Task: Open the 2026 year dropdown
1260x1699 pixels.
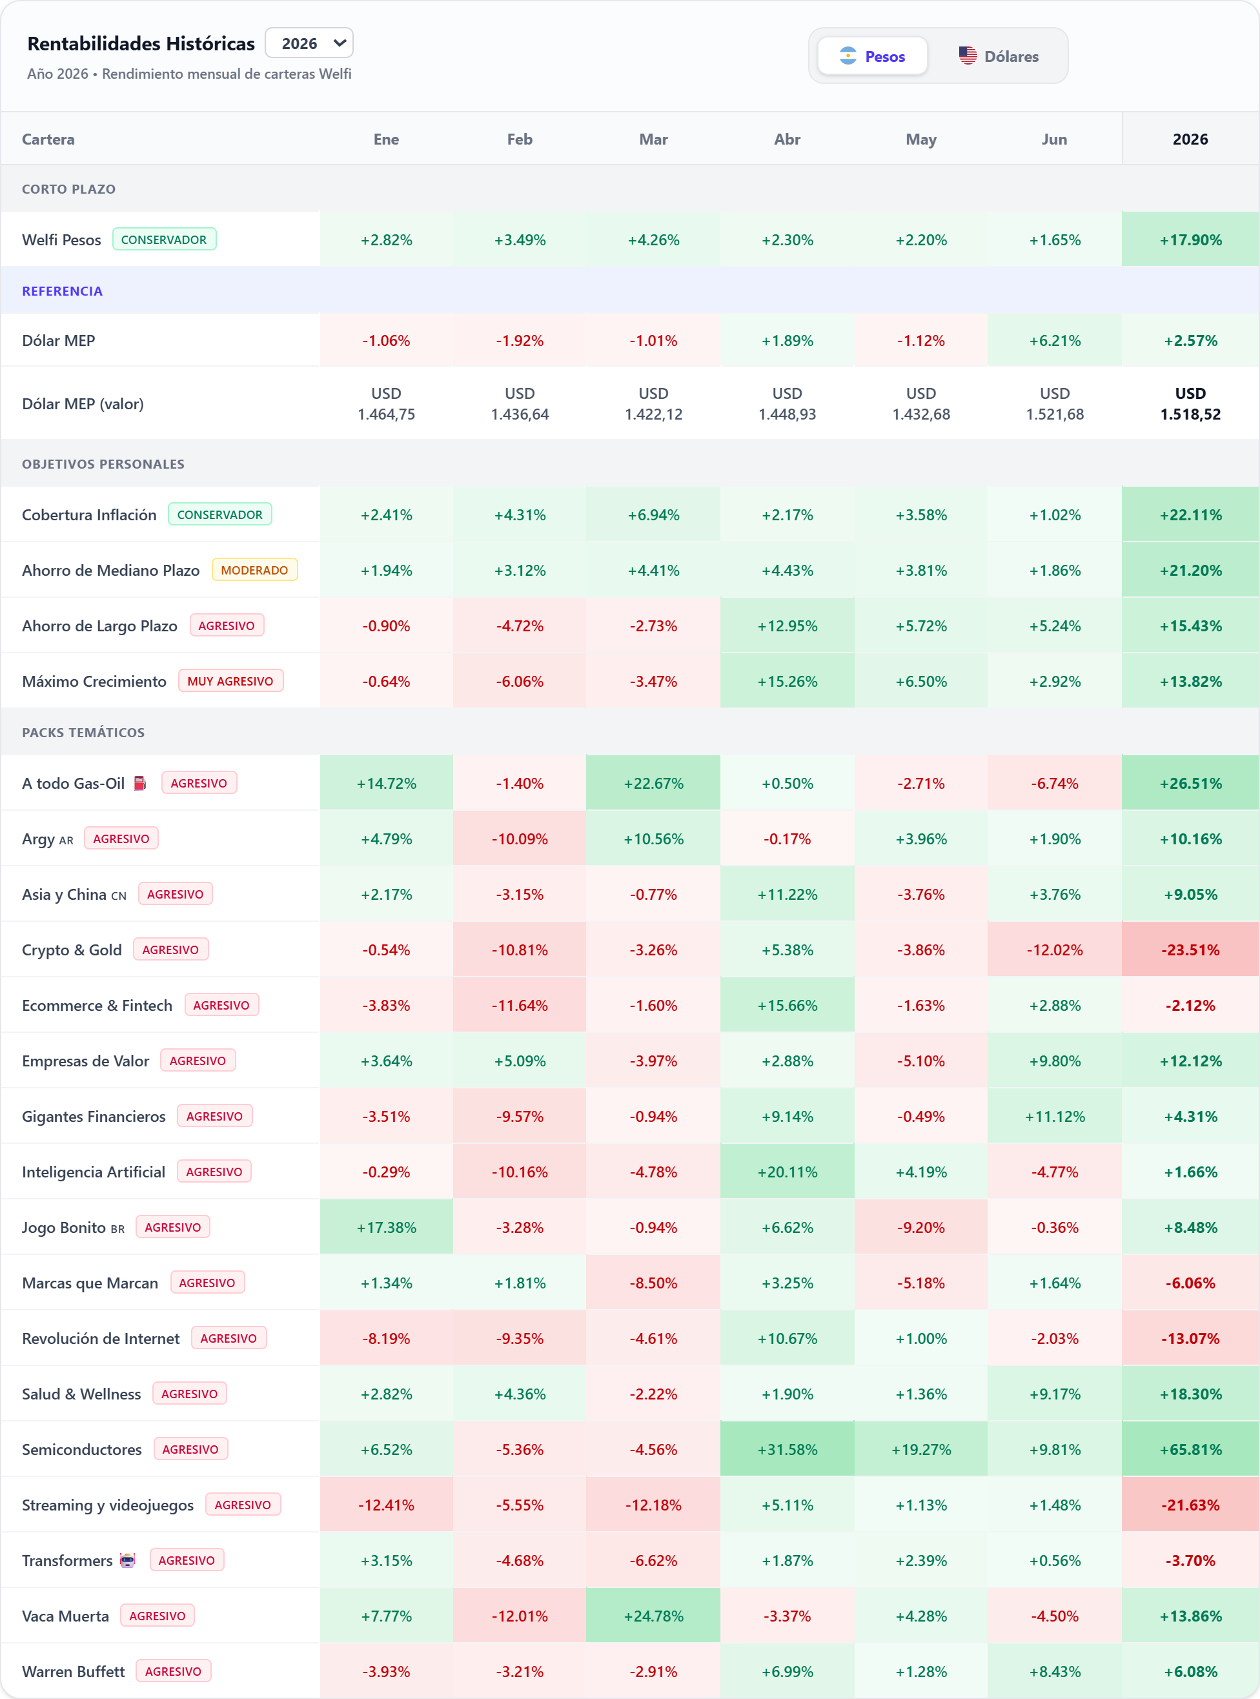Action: pos(309,43)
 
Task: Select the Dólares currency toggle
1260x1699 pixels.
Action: pos(999,56)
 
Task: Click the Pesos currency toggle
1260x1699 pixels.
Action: pos(873,56)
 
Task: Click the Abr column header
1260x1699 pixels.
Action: pos(787,139)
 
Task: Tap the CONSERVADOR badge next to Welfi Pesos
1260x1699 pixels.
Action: pos(164,239)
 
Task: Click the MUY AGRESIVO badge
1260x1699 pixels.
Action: pos(230,681)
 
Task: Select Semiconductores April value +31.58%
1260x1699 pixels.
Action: pos(787,1450)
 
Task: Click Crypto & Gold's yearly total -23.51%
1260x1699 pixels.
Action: pos(1190,950)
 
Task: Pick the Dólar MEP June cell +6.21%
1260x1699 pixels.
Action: pos(1055,341)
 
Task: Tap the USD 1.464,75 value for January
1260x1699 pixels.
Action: pos(386,404)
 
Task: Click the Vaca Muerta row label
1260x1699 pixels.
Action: pos(66,1616)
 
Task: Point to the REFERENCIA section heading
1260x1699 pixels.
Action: pos(62,291)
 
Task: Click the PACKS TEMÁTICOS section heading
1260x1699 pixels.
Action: pos(83,733)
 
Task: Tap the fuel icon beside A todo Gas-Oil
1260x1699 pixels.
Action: pos(139,783)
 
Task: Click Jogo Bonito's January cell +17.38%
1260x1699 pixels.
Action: pos(386,1228)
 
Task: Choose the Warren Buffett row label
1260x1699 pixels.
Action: pos(73,1671)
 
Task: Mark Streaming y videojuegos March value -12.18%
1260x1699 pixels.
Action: pos(654,1505)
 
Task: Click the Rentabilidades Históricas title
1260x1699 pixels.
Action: pos(141,43)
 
